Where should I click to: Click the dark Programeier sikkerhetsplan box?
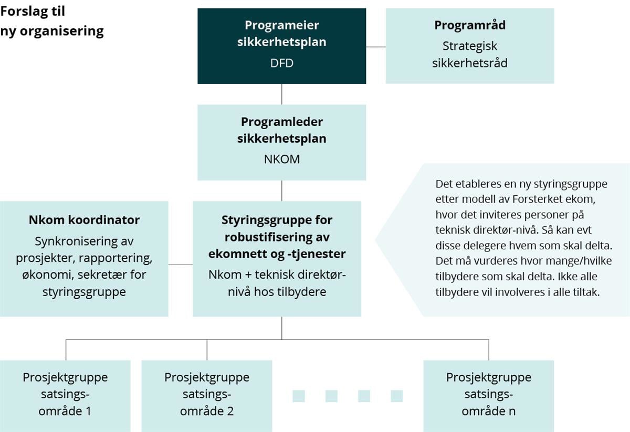[x=282, y=46]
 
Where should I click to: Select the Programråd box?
[x=470, y=46]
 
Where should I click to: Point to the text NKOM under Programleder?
[x=282, y=159]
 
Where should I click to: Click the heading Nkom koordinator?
[x=84, y=220]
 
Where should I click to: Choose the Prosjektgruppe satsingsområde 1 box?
[x=65, y=395]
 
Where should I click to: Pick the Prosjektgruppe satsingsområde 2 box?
[x=207, y=395]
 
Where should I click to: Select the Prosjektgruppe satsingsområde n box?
[x=488, y=395]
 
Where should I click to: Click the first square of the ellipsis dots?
[x=299, y=396]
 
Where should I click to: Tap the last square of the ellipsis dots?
[x=397, y=396]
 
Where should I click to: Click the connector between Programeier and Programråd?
[x=376, y=47]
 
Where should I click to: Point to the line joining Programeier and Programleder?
[x=282, y=94]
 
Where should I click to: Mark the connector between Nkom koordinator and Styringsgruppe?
[x=181, y=265]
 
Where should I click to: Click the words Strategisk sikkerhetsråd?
[x=470, y=55]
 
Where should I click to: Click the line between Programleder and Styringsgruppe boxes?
[x=282, y=191]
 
